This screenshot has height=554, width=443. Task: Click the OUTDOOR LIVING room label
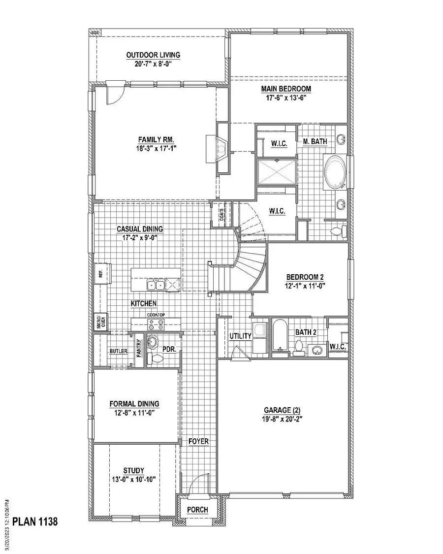153,55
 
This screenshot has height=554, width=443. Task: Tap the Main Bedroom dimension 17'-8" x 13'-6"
286,98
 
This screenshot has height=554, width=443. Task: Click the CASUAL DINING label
139,229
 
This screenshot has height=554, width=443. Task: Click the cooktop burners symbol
156,325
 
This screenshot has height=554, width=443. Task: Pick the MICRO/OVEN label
100,322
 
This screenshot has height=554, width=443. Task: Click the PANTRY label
139,350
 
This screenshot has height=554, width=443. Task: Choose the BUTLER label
119,351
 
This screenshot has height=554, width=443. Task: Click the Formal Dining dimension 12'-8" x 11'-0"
134,413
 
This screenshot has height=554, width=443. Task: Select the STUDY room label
134,471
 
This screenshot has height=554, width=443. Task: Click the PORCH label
197,510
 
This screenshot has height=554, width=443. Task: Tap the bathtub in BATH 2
279,337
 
